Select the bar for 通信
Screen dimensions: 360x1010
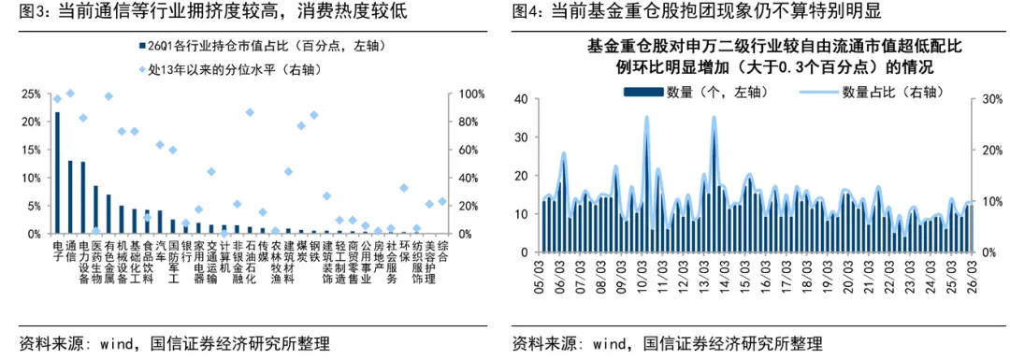[x=70, y=197]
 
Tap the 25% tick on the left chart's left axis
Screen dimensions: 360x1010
[x=31, y=94]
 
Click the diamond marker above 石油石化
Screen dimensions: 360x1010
[x=250, y=112]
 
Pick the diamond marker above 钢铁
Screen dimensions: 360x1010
[x=314, y=115]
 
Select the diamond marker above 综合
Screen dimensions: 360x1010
[x=442, y=201]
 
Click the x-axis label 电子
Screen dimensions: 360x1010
[x=58, y=251]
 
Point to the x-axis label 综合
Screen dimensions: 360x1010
[x=442, y=251]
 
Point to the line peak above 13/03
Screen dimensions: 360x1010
[x=714, y=117]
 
